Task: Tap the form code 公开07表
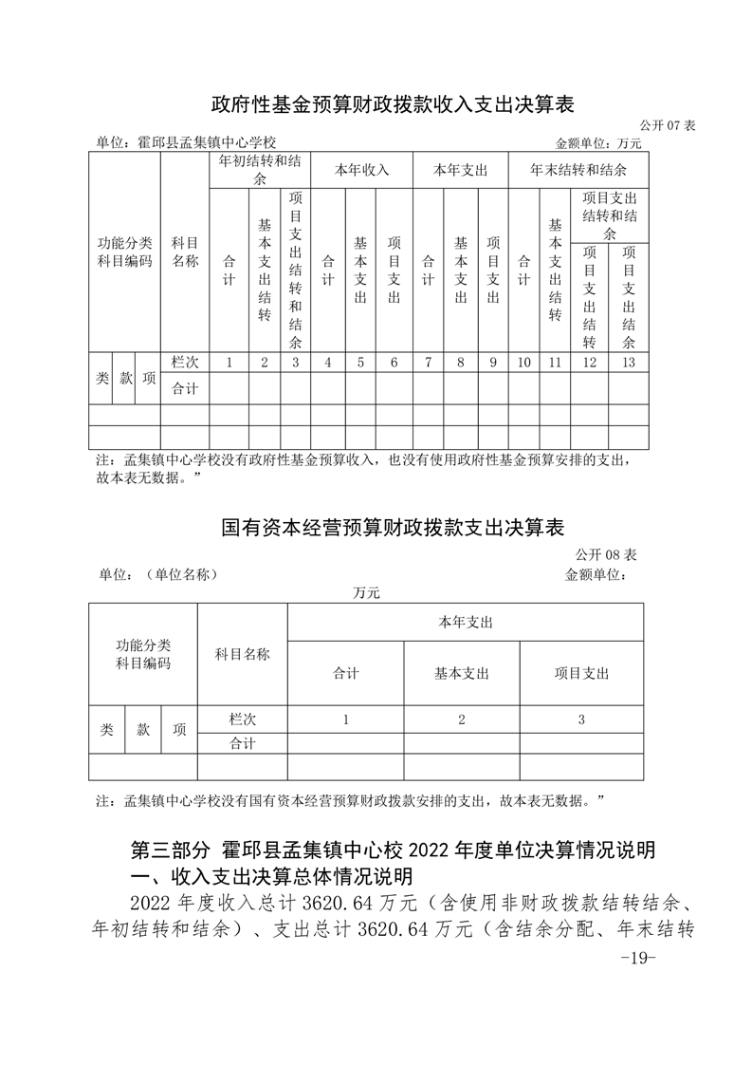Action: point(668,125)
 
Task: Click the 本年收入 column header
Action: point(362,170)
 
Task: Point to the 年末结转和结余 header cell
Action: point(578,170)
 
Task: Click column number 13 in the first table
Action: point(628,362)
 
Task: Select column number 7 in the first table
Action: point(428,362)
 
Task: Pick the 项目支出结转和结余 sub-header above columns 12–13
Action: point(609,215)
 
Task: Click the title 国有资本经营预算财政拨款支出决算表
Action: point(393,527)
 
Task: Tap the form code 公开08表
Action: point(605,553)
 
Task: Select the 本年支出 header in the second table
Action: point(465,622)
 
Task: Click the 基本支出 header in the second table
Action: point(461,673)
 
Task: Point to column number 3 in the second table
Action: point(581,719)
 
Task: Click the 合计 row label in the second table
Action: point(242,744)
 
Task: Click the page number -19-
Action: point(636,958)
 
